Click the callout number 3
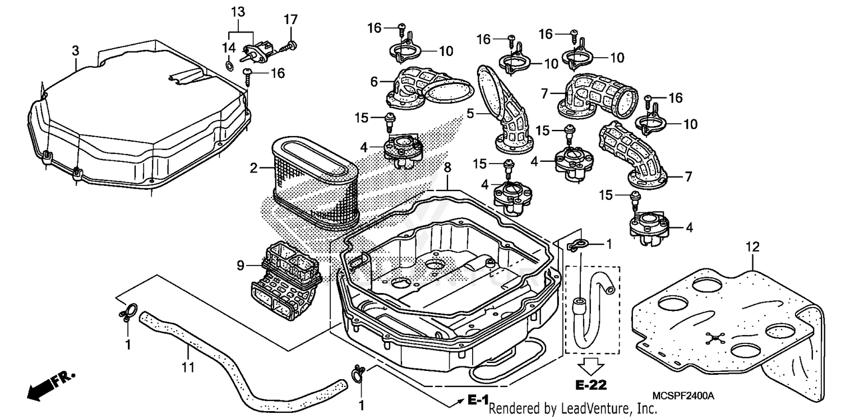[75, 50]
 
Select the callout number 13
[238, 12]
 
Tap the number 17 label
[290, 20]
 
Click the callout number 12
[752, 246]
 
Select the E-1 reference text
[477, 401]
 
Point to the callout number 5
[472, 113]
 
